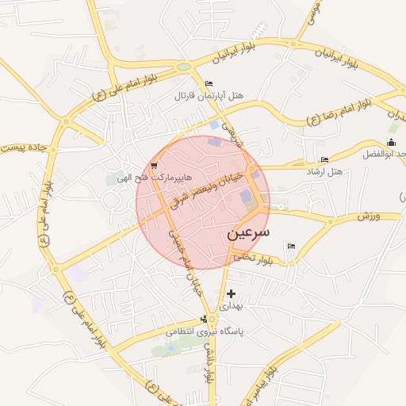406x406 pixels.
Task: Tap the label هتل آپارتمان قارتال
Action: point(210,96)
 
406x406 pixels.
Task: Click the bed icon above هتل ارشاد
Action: point(324,160)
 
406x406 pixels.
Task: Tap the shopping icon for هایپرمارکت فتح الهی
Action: point(152,166)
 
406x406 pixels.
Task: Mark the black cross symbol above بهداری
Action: point(231,293)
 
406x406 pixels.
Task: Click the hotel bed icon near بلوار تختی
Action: point(291,247)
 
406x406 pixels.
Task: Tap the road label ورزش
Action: point(369,216)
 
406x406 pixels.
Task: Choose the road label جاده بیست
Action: point(25,144)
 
